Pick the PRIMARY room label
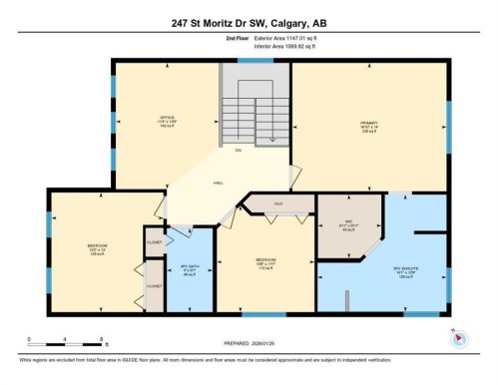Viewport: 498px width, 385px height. coord(368,126)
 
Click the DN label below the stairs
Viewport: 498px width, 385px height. coord(238,151)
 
